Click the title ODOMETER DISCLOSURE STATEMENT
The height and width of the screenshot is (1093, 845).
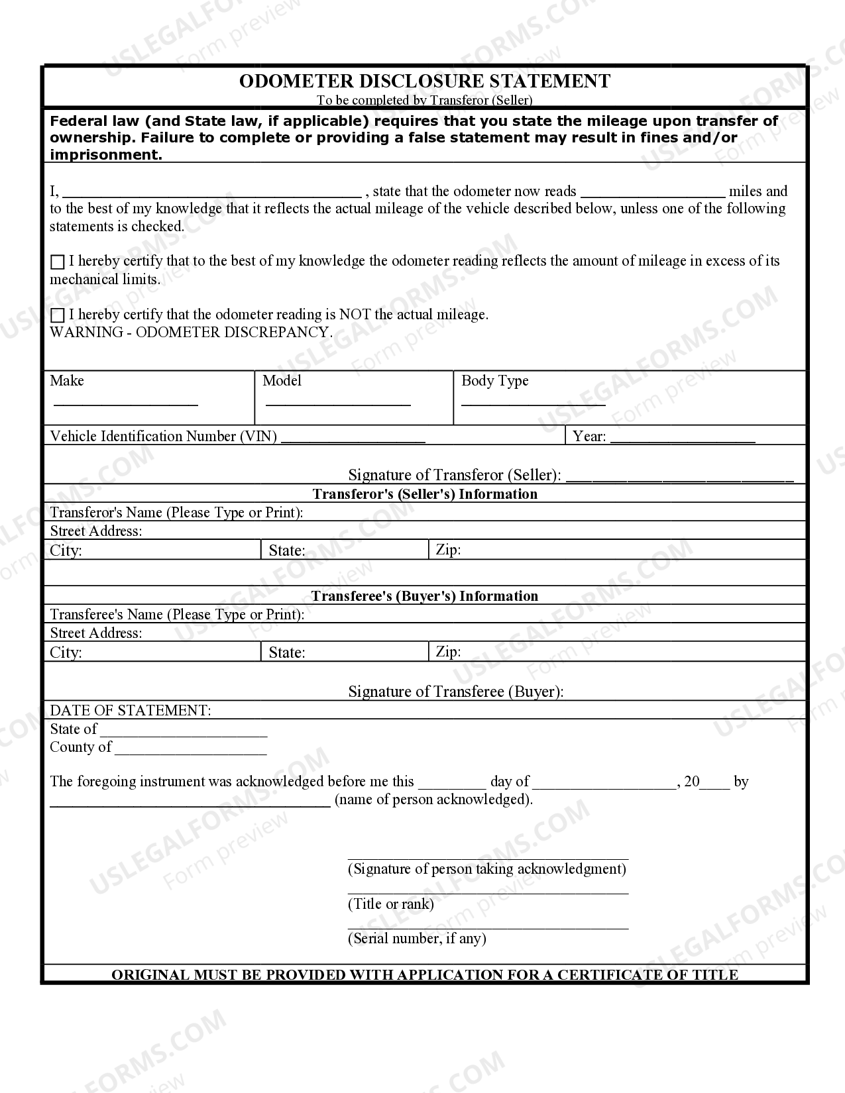(x=424, y=81)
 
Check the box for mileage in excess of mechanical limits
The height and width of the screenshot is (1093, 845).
(x=58, y=262)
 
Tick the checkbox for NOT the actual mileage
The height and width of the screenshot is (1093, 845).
(x=58, y=315)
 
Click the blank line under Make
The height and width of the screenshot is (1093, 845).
(x=125, y=403)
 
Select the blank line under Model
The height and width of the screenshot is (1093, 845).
(x=337, y=403)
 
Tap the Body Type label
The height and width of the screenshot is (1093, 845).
(x=494, y=381)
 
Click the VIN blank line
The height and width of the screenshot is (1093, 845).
(x=353, y=440)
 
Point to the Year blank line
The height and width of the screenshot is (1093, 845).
(x=682, y=440)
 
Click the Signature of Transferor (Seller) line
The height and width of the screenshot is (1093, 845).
(x=679, y=477)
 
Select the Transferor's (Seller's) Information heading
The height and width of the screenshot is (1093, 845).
(x=424, y=494)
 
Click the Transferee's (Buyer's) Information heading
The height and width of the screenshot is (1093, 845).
(x=424, y=596)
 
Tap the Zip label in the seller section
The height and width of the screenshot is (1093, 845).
(x=448, y=550)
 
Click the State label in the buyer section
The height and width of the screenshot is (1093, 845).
(x=286, y=653)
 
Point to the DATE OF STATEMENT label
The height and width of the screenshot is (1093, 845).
(x=131, y=711)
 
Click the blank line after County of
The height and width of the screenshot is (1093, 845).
(x=190, y=752)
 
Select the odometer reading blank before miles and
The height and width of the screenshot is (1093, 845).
(x=652, y=195)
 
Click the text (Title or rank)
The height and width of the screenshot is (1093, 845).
(x=391, y=904)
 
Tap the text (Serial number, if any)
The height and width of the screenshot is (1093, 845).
(x=417, y=939)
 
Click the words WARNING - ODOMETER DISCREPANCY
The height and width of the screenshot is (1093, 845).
(x=191, y=333)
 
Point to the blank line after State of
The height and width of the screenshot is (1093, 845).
(x=184, y=734)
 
